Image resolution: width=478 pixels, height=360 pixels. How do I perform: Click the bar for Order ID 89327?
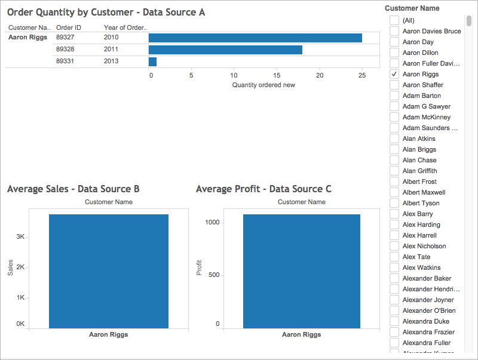click(x=255, y=38)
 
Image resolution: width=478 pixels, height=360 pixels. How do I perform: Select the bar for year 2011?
click(x=225, y=50)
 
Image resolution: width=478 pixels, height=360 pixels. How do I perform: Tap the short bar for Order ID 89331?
click(x=152, y=61)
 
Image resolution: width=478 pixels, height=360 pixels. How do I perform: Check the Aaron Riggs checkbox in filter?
click(x=394, y=74)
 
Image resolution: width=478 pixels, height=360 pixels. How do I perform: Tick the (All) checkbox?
click(x=394, y=20)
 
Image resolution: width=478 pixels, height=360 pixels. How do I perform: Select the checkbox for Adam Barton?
click(x=394, y=96)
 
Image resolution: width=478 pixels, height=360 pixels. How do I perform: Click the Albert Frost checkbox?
click(x=394, y=181)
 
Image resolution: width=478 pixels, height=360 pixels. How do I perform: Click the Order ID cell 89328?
click(x=65, y=50)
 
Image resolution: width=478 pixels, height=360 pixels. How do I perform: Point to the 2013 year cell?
click(x=111, y=61)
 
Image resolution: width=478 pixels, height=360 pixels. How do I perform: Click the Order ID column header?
click(x=68, y=27)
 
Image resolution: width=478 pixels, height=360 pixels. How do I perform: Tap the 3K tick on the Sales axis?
click(x=20, y=236)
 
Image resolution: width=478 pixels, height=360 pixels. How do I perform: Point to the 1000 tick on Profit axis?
click(x=213, y=222)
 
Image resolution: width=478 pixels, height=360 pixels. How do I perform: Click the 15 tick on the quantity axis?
click(x=277, y=76)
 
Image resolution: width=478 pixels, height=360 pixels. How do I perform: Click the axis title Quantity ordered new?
click(x=263, y=85)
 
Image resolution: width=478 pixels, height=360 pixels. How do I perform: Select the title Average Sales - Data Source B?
click(x=73, y=189)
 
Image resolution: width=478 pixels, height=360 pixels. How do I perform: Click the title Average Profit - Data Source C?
click(x=263, y=189)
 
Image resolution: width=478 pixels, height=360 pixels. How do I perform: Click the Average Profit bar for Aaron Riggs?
click(x=301, y=271)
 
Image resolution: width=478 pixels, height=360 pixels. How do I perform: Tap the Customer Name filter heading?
click(x=412, y=8)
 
